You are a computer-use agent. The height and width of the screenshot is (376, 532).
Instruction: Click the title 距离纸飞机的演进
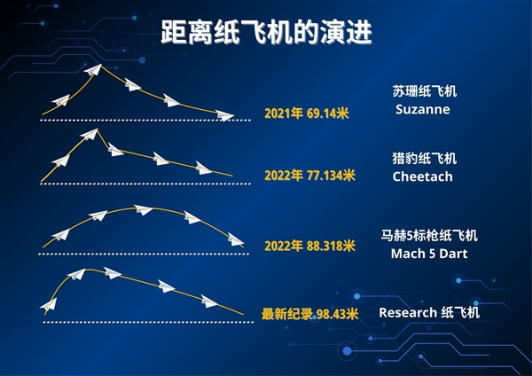(x=266, y=33)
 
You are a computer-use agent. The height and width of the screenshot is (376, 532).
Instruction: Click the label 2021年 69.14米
(x=307, y=114)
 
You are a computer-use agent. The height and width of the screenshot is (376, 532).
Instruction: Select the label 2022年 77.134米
(x=309, y=176)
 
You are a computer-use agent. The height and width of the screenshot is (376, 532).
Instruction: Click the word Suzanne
(x=422, y=110)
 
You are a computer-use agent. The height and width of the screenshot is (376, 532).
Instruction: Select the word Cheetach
(x=422, y=176)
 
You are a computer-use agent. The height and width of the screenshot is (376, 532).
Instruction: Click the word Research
(x=407, y=313)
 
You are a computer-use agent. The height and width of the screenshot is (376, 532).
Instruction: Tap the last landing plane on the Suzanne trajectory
(x=225, y=115)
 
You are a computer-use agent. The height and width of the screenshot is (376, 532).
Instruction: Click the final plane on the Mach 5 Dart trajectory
(x=234, y=239)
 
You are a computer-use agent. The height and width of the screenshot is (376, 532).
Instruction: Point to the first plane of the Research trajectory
(x=49, y=306)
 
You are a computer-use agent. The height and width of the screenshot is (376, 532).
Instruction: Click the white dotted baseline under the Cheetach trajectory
(x=133, y=184)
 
